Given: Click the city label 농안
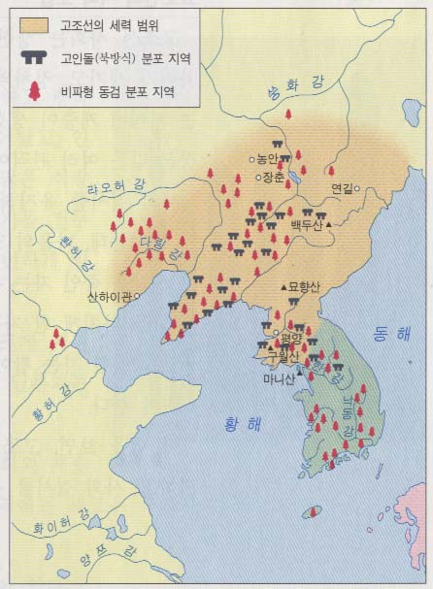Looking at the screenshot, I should click(x=267, y=158).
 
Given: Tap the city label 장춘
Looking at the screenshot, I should click(x=272, y=178).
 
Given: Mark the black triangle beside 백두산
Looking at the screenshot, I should click(x=330, y=225).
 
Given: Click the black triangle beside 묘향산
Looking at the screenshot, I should click(x=283, y=288).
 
